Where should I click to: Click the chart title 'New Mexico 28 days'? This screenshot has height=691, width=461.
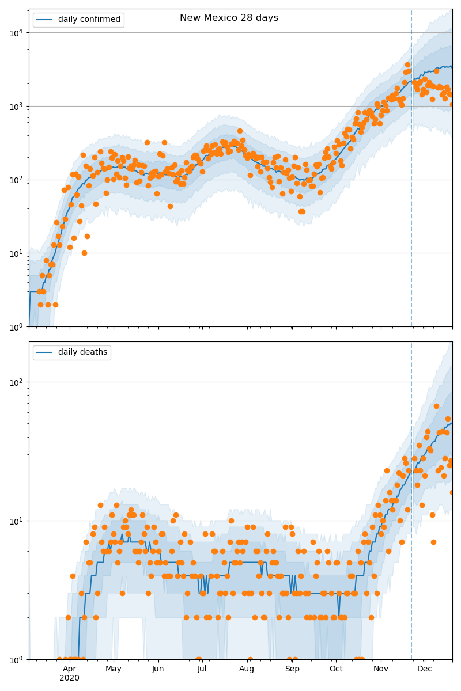pos(229,18)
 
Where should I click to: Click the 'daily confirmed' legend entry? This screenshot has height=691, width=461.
pos(89,20)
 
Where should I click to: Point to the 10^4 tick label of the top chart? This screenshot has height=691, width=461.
pos(16,32)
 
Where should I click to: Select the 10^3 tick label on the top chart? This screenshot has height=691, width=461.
pos(16,106)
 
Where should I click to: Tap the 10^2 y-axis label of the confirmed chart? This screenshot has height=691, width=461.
pos(16,180)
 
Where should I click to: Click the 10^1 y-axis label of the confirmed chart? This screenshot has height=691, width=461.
pos(16,253)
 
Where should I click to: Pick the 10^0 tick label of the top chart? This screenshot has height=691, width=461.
pos(16,326)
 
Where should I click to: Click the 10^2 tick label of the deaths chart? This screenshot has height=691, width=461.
pos(16,382)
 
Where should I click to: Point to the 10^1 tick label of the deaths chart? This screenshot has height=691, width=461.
pos(16,521)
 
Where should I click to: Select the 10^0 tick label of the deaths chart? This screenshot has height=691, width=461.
pos(16,659)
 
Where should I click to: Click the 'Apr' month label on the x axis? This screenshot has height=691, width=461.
pos(69,669)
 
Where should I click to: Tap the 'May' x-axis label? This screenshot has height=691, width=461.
pos(114,669)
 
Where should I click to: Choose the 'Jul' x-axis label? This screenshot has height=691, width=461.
pos(202,669)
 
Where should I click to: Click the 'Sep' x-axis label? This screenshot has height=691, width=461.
pos(292,669)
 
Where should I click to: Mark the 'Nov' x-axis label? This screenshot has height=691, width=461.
pos(381,669)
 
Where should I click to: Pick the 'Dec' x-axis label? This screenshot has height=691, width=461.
pos(425,669)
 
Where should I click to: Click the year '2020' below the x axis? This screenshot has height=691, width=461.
pos(69,678)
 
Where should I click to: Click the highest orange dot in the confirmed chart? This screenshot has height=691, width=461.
pos(407,65)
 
